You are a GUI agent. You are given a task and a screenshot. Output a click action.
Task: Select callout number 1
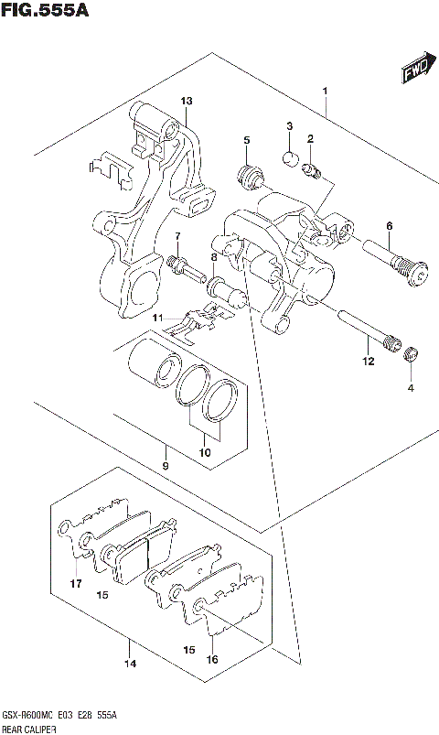324,92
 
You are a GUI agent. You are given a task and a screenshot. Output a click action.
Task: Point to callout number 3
288,127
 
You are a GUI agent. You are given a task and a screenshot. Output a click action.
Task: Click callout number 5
246,140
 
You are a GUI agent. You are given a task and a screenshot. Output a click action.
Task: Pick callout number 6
389,227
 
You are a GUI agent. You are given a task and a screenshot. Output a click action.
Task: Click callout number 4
411,388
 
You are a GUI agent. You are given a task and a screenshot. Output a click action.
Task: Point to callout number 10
204,452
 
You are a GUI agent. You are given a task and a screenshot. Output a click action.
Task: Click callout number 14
130,664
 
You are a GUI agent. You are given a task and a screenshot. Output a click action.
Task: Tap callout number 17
76,583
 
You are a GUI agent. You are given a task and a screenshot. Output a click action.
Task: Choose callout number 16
211,658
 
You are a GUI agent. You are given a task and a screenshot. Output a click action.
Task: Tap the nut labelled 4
411,355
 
